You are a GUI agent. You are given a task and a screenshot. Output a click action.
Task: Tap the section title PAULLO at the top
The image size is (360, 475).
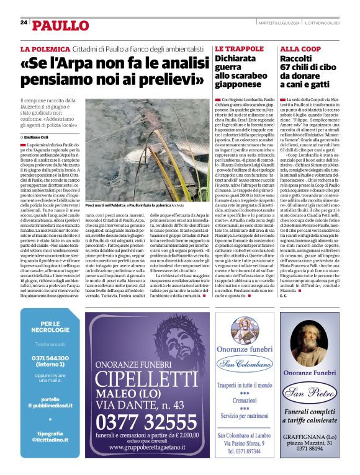(60, 25)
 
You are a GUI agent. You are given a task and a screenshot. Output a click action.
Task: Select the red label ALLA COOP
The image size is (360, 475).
(300, 48)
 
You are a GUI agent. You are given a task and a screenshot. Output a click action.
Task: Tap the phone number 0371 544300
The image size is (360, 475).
(50, 358)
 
